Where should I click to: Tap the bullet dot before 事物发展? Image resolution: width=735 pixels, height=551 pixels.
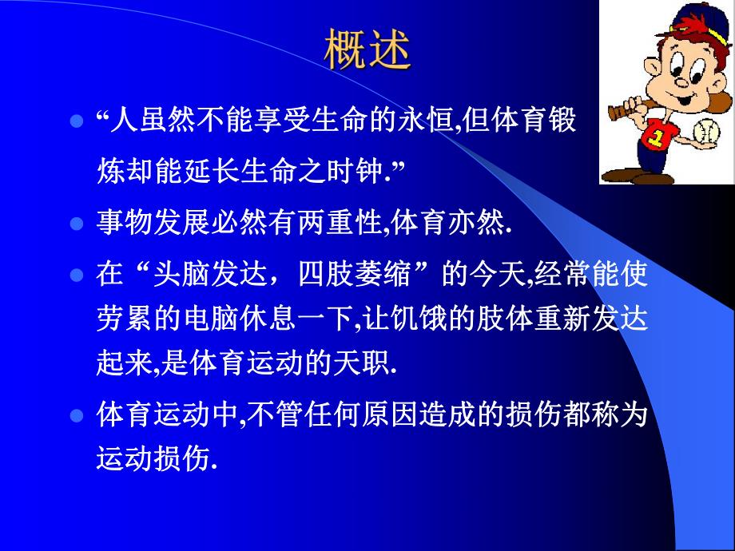pos(77,224)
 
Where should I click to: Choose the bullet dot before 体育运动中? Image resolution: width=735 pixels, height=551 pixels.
pos(77,416)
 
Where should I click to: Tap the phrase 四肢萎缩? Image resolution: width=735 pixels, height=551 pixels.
pos(370,276)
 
